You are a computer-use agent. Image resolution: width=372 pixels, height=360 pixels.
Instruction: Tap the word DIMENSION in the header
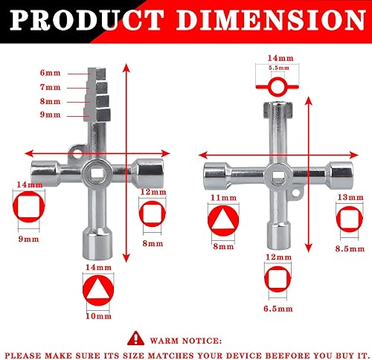[271, 20]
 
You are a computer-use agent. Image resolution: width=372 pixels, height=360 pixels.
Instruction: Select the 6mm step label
[51, 73]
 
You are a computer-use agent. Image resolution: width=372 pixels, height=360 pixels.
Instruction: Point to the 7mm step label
[51, 87]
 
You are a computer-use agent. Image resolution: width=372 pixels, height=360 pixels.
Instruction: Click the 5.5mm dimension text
[279, 68]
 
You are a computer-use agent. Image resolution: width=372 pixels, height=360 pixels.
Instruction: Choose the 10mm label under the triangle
[98, 316]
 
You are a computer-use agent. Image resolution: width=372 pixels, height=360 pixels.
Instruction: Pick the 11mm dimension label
[223, 198]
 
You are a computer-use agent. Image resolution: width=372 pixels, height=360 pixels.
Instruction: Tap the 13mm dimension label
[350, 197]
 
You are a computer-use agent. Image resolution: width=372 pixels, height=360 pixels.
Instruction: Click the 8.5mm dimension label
[350, 248]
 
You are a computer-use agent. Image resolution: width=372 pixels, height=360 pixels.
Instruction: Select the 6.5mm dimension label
[278, 309]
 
